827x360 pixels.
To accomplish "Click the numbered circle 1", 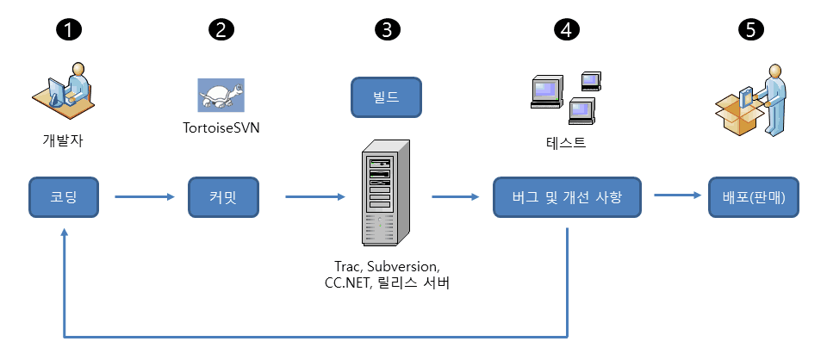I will tap(68, 29).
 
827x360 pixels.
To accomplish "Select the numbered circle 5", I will tap(750, 29).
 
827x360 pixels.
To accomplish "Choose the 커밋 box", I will tap(222, 198).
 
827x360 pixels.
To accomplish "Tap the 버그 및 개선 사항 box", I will tap(569, 198).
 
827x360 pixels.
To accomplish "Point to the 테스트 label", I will tap(567, 143).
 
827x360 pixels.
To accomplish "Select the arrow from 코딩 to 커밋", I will tap(143, 198).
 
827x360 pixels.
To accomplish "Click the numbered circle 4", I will tap(566, 29).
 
